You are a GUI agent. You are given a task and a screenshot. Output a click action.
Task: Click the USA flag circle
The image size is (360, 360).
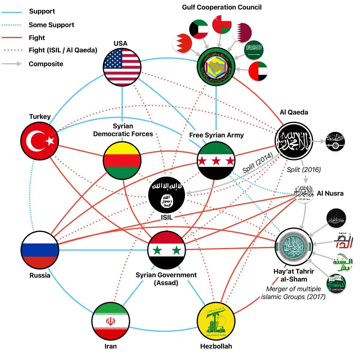point(122,67)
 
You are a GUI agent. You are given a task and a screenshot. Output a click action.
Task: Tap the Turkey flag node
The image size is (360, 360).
point(40,140)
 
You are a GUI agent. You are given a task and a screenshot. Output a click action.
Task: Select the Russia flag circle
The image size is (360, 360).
point(40,250)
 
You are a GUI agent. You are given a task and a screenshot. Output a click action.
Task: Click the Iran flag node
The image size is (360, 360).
point(110,321)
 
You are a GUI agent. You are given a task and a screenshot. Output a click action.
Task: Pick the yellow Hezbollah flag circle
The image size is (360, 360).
point(216,321)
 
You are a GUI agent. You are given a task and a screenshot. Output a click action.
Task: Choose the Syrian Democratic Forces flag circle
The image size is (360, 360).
point(122,160)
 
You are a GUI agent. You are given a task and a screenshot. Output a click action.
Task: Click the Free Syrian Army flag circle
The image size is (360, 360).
point(216,160)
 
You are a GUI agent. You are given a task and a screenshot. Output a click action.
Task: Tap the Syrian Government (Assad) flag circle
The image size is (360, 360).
point(166,250)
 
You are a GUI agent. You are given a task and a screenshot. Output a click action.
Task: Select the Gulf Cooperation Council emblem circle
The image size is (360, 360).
point(216,67)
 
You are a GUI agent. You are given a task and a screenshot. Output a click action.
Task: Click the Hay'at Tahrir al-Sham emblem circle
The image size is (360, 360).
point(294,247)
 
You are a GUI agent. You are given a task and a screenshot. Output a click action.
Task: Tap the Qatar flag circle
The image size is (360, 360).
point(242,32)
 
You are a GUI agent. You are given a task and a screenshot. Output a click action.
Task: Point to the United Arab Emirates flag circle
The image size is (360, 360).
point(258,71)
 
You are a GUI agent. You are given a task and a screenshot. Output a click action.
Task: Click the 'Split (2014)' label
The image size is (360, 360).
point(257,163)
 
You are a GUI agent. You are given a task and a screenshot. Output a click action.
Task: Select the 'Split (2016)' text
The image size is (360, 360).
point(304,169)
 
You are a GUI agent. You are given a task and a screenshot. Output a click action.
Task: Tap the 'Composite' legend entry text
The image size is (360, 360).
point(46,64)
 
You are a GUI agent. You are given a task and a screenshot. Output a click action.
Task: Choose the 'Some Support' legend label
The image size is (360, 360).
point(51,25)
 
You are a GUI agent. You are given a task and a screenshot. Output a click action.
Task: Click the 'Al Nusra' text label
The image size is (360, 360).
point(330,193)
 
